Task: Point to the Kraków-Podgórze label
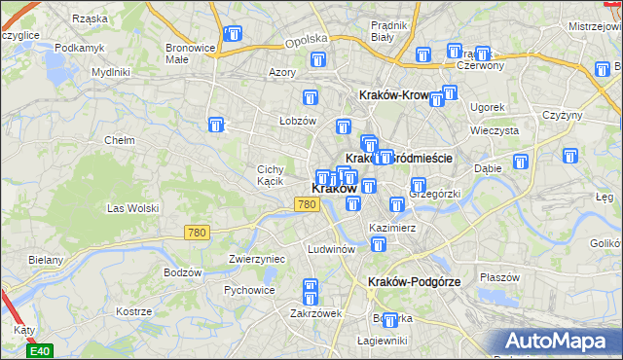click(x=414, y=281)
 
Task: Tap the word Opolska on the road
click(x=303, y=43)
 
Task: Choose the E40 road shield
click(x=38, y=349)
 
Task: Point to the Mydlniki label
click(x=110, y=72)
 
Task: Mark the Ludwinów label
click(x=330, y=248)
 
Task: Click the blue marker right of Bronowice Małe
click(x=233, y=35)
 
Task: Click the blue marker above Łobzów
click(x=311, y=97)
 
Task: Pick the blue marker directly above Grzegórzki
click(x=419, y=185)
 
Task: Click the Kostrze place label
click(x=131, y=311)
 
